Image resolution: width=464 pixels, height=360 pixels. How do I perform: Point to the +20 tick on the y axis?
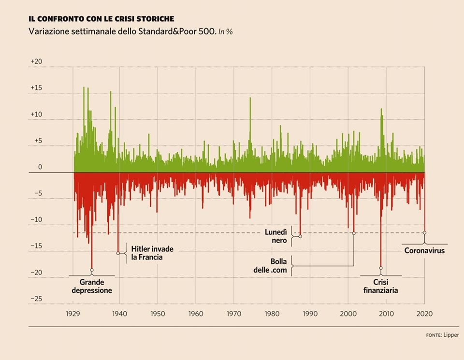(x=36, y=62)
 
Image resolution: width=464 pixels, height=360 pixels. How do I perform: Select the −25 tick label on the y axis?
(x=36, y=299)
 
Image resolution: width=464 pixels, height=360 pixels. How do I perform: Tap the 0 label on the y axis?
(x=40, y=167)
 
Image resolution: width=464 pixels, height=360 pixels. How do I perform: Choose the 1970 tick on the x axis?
(x=233, y=313)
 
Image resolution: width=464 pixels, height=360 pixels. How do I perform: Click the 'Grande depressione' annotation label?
(x=92, y=286)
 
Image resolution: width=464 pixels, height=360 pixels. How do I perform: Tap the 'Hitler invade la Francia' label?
(x=152, y=253)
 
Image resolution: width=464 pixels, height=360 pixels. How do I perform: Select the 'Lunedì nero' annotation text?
(x=276, y=236)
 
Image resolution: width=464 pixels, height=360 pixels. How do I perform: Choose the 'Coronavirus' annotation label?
(x=424, y=251)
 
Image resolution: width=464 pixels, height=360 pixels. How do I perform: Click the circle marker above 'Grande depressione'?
(x=92, y=270)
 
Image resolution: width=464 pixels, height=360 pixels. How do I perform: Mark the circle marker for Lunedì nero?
(x=300, y=236)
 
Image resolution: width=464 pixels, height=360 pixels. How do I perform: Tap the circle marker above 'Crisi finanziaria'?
(x=381, y=268)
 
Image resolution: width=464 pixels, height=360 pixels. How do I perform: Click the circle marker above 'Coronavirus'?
(x=424, y=233)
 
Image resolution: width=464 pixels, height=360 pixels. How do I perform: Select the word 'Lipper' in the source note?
(x=451, y=335)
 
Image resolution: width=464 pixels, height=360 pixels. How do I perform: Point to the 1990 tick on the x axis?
(x=310, y=313)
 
